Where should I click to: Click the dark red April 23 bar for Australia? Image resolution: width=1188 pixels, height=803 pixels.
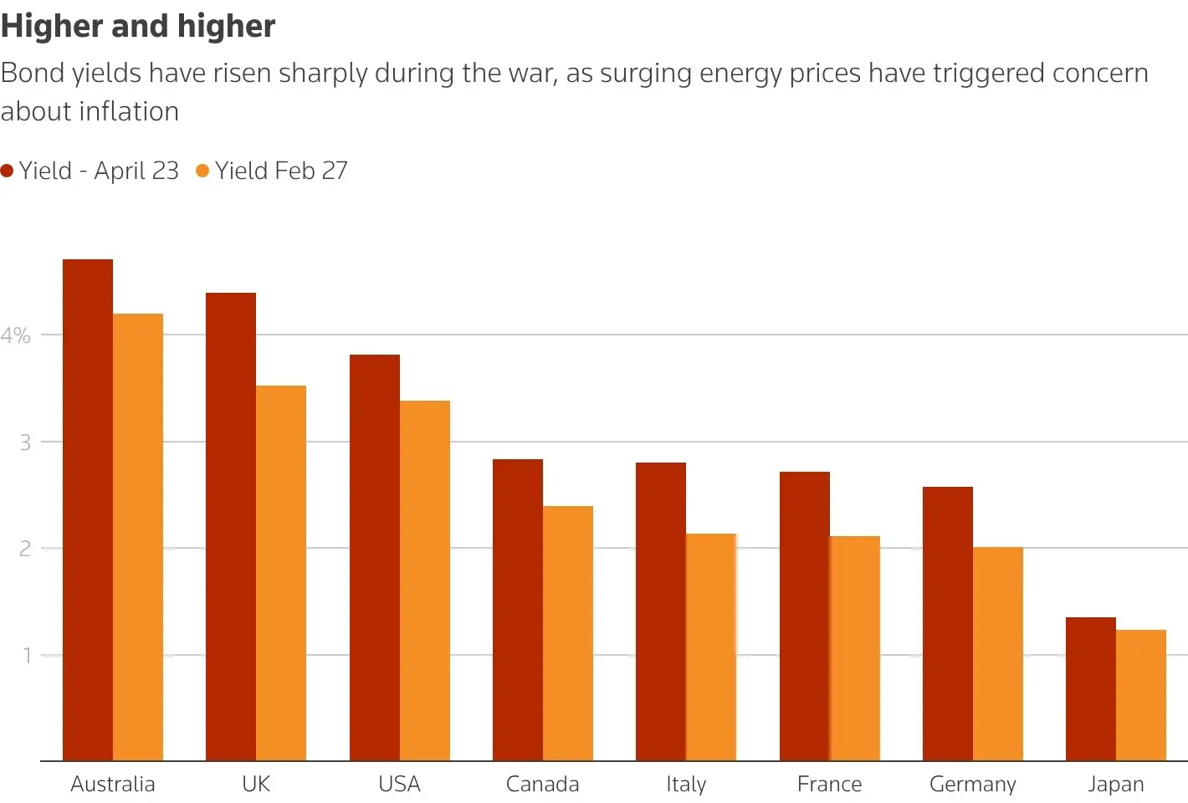pyautogui.click(x=88, y=510)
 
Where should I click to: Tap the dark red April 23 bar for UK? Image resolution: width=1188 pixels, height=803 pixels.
pyautogui.click(x=231, y=527)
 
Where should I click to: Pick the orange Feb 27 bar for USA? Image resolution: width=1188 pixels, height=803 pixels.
pyautogui.click(x=425, y=581)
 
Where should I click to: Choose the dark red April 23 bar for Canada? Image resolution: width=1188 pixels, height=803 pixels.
pyautogui.click(x=518, y=610)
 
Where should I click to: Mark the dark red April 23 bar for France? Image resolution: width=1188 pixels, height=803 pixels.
pyautogui.click(x=805, y=616)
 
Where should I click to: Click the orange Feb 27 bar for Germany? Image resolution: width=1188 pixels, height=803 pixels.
pyautogui.click(x=998, y=653)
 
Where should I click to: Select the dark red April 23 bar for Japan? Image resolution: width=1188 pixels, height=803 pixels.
pyautogui.click(x=1091, y=689)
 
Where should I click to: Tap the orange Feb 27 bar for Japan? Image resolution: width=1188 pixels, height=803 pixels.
pyautogui.click(x=1141, y=695)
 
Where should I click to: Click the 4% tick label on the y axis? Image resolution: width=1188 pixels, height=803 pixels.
pyautogui.click(x=16, y=336)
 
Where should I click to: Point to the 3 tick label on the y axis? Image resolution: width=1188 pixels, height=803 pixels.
pyautogui.click(x=25, y=442)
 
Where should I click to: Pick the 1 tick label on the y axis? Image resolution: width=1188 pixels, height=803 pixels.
pyautogui.click(x=27, y=656)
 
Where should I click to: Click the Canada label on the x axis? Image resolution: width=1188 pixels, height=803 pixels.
pyautogui.click(x=542, y=785)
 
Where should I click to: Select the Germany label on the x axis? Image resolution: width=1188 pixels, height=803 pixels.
pyautogui.click(x=972, y=785)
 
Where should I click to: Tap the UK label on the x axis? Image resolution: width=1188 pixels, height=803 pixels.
pyautogui.click(x=256, y=785)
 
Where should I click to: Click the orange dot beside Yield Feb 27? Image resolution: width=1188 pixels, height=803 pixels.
pyautogui.click(x=202, y=171)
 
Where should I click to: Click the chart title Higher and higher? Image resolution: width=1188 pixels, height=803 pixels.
pyautogui.click(x=138, y=26)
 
